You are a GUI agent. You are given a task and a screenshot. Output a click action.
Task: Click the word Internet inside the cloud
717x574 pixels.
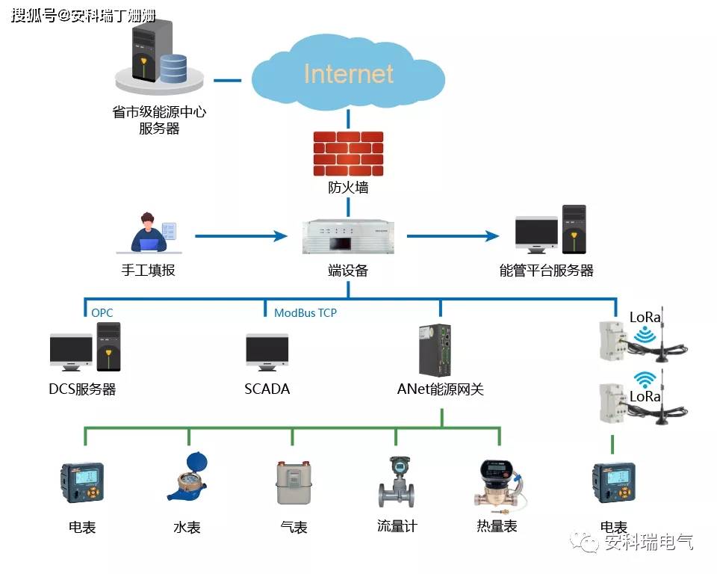pyautogui.click(x=348, y=74)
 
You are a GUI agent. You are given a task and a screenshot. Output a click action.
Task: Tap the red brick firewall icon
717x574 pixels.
pyautogui.click(x=348, y=154)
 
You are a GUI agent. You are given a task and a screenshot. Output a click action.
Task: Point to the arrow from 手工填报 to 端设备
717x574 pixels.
pyautogui.click(x=240, y=236)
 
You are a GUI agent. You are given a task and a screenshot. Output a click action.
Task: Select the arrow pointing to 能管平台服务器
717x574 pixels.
pyautogui.click(x=453, y=236)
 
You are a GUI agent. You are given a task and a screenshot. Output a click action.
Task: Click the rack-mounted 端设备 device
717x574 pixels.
pyautogui.click(x=348, y=237)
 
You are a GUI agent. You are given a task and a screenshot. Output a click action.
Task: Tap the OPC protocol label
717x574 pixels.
pyautogui.click(x=102, y=312)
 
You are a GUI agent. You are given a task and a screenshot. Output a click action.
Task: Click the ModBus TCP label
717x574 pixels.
pyautogui.click(x=305, y=312)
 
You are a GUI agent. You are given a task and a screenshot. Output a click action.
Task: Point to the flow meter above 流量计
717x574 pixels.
pyautogui.click(x=397, y=482)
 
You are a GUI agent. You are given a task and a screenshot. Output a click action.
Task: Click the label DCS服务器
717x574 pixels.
pyautogui.click(x=82, y=389)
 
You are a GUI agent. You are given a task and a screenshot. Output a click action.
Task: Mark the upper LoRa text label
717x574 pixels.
pyautogui.click(x=645, y=317)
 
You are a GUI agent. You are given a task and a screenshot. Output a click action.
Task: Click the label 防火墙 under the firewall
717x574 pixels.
pyautogui.click(x=348, y=188)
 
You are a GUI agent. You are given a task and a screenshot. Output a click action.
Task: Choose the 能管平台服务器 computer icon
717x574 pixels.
pyautogui.click(x=550, y=230)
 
